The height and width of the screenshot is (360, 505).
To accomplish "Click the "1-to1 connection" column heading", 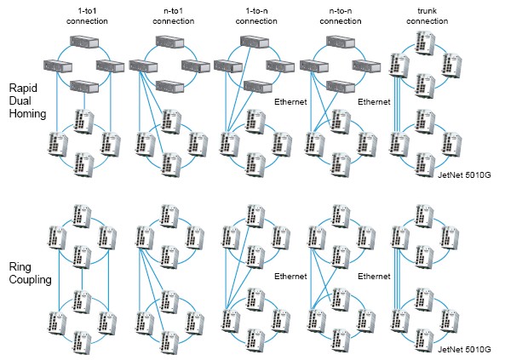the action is tap(87, 16).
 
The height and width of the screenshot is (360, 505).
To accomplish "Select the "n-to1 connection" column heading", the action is tap(173, 16).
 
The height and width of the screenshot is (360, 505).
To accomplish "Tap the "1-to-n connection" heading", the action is tap(256, 16).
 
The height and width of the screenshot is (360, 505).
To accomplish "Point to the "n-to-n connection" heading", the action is tap(341, 16).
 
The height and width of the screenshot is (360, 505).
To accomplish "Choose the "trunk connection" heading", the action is tap(427, 16).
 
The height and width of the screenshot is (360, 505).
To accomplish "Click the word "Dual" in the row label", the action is tap(20, 100).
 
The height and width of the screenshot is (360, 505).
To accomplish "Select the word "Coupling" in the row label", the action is tap(31, 279).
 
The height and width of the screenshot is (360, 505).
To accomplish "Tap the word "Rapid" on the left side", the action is tap(23, 88).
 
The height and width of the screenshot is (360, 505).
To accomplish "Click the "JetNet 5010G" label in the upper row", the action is tap(464, 175).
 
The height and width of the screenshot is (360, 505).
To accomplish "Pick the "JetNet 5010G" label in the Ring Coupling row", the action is tap(464, 350).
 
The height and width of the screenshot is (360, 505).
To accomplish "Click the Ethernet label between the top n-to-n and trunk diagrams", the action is tap(374, 102).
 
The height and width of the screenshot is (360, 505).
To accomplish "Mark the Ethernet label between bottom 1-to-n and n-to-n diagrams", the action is tap(290, 277).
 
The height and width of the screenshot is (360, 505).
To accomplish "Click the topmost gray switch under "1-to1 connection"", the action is tap(84, 42).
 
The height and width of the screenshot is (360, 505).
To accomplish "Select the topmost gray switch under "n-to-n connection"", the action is tap(341, 42).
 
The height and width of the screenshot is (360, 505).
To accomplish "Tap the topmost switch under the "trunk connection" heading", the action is tap(425, 43).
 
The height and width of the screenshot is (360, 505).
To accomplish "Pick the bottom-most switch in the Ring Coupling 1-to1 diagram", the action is tap(82, 343).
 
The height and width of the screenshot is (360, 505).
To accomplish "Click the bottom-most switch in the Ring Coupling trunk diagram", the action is tap(425, 340).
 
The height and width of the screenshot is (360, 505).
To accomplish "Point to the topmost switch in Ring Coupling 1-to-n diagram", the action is tap(255, 215).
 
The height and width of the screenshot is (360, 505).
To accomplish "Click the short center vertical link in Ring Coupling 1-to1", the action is tap(82, 279).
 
